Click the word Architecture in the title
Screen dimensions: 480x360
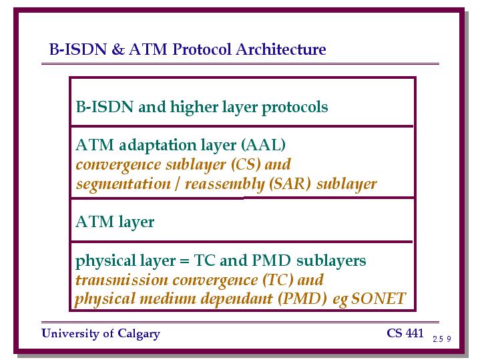(280, 49)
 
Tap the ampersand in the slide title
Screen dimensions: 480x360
(118, 49)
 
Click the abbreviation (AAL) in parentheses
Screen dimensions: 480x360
(263, 145)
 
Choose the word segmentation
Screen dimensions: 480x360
(123, 184)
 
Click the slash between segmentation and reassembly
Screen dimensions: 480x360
(178, 184)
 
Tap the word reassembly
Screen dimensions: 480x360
(225, 184)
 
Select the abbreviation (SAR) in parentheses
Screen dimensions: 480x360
(290, 184)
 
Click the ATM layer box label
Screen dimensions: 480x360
(115, 222)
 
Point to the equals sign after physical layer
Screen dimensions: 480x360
(184, 261)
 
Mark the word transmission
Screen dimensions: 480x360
(122, 280)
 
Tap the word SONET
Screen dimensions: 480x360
(379, 299)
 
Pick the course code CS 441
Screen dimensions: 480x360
(405, 333)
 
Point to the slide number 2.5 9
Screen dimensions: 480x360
(442, 339)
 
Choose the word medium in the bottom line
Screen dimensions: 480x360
(168, 299)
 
